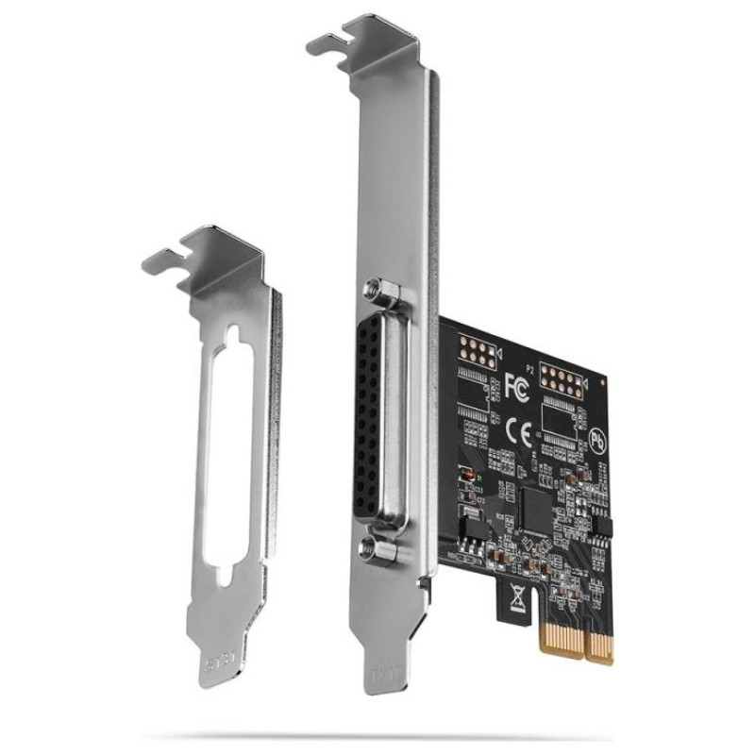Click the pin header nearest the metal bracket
(x=474, y=355)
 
